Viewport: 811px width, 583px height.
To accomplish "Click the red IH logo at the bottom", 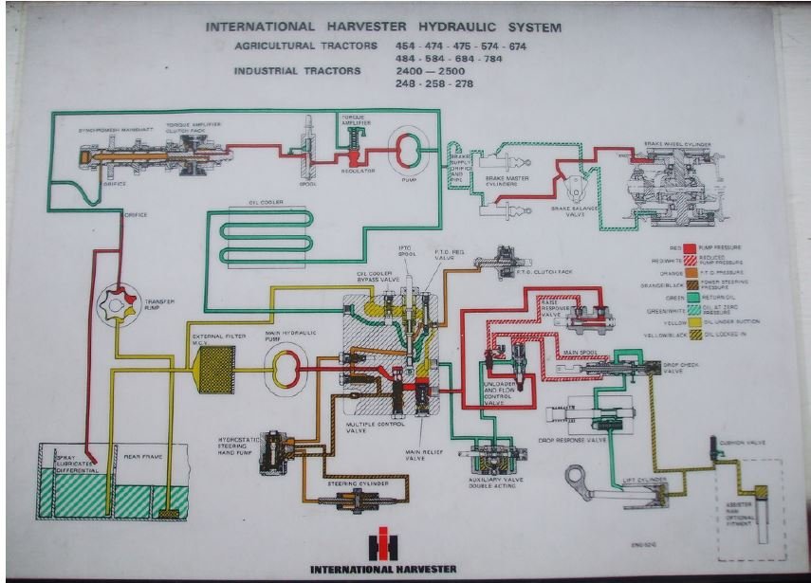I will pos(385,543).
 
